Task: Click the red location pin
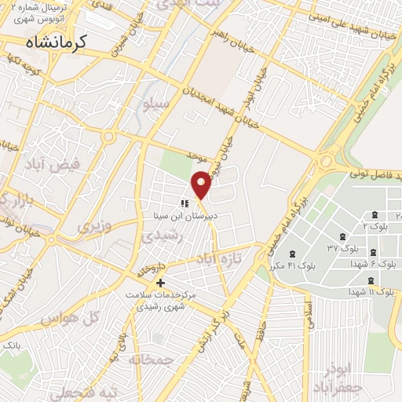pyautogui.click(x=202, y=185)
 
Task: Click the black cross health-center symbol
pyautogui.click(x=160, y=283)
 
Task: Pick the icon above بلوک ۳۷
pyautogui.click(x=343, y=236)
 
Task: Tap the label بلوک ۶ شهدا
pyautogui.click(x=371, y=264)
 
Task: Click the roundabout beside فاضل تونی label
pyautogui.click(x=324, y=163)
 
